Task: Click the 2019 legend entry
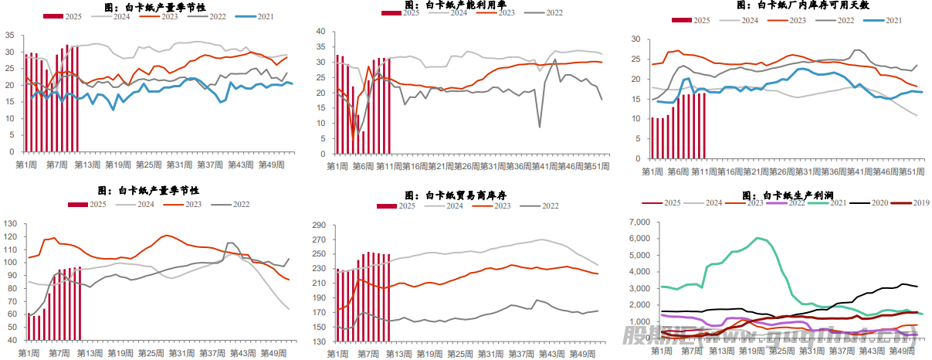tap(911, 203)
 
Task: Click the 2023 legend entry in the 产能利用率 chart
tap(497, 13)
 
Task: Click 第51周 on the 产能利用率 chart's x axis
tap(598, 167)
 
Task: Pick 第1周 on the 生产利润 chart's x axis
tap(661, 351)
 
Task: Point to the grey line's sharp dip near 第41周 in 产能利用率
tap(539, 127)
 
